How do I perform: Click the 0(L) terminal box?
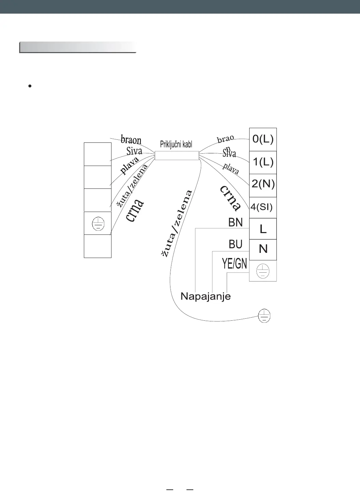[x=263, y=139]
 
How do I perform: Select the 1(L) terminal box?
[x=263, y=162]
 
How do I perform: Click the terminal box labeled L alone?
[x=263, y=229]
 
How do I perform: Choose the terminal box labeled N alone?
[x=263, y=249]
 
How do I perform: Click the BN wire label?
[x=236, y=223]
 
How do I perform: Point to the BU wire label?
[x=236, y=244]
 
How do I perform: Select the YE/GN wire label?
[x=235, y=264]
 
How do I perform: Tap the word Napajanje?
[x=206, y=296]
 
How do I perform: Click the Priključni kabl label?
[x=176, y=144]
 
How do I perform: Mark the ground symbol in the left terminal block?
[x=98, y=224]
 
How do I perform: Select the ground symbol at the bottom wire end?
[x=265, y=316]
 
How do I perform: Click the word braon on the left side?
[x=131, y=139]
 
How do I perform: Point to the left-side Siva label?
[x=134, y=151]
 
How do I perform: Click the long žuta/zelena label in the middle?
[x=177, y=223]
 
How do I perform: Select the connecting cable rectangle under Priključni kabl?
[x=177, y=155]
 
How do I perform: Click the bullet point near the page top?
[x=30, y=87]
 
